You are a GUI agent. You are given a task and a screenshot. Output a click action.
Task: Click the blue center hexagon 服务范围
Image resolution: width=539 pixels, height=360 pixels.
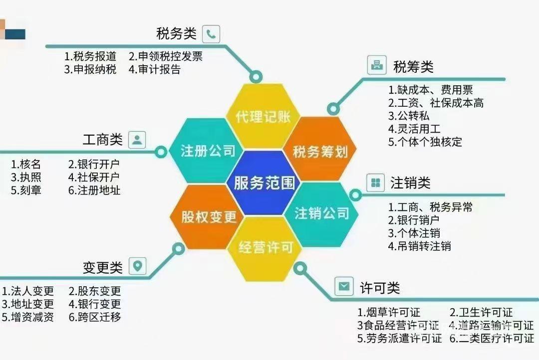(264, 182)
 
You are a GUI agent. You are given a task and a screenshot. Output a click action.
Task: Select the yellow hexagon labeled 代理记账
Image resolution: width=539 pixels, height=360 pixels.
(263, 116)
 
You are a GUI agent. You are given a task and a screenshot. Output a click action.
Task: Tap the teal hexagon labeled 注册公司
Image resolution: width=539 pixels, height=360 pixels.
(207, 151)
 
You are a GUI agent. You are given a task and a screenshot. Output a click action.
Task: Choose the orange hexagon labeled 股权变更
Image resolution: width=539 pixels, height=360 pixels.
(207, 217)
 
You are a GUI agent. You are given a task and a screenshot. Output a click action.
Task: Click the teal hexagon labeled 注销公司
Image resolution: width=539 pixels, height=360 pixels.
(321, 214)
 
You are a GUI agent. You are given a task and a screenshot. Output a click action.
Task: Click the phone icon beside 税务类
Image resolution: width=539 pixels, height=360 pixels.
(211, 34)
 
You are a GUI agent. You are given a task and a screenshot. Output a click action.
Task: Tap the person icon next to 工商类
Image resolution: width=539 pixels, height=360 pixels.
(137, 140)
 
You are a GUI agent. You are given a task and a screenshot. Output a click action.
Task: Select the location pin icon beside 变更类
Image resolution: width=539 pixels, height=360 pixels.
(138, 266)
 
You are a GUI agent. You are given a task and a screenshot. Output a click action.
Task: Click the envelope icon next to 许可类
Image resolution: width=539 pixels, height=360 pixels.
(344, 286)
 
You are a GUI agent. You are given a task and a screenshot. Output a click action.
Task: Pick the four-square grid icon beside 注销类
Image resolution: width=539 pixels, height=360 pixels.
(375, 182)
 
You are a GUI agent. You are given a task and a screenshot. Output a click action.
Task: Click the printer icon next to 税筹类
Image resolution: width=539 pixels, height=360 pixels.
(377, 65)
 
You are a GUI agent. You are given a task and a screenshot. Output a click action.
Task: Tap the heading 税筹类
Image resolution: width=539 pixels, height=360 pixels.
(413, 67)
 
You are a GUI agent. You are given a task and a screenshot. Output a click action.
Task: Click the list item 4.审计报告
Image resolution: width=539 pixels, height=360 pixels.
(155, 69)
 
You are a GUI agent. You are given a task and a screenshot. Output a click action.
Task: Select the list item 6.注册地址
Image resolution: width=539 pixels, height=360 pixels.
(94, 190)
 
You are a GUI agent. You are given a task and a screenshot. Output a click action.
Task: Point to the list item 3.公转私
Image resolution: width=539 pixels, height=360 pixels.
(409, 116)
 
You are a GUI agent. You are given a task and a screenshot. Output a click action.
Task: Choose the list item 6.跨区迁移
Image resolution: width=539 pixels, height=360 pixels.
(95, 317)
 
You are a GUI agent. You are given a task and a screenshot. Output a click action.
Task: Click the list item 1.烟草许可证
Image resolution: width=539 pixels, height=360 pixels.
(389, 313)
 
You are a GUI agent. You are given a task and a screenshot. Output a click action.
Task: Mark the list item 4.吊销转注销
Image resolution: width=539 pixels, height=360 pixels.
(419, 246)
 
